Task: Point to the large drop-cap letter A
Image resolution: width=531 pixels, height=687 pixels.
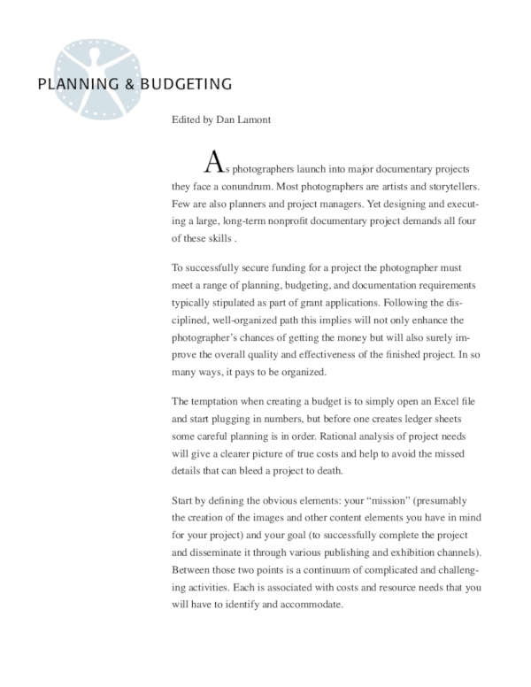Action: [x=212, y=162]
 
